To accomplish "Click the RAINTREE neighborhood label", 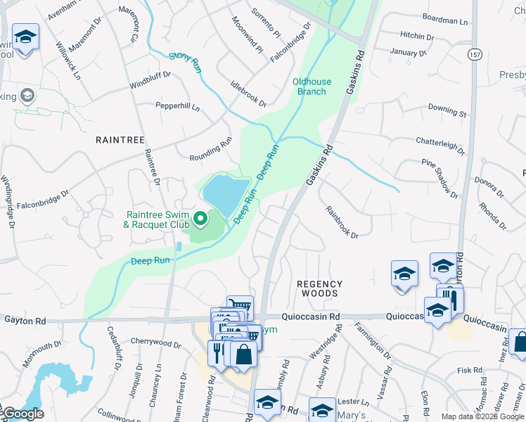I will coord(120,140).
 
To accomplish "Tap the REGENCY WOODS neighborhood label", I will coord(319,288).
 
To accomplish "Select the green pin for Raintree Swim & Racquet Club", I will coord(200,219).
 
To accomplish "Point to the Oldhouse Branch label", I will coord(309,87).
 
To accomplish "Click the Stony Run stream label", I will coord(186,63).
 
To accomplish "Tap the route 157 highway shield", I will coord(475,53).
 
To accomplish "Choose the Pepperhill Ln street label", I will coord(177,107).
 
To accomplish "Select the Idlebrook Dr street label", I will coord(248,94).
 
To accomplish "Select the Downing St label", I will coord(447,110).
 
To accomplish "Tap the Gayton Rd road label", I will coord(25,321).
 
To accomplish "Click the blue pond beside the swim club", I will coord(226,196).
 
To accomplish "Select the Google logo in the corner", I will coord(22,413).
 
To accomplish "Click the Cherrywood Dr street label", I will coord(155,343).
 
